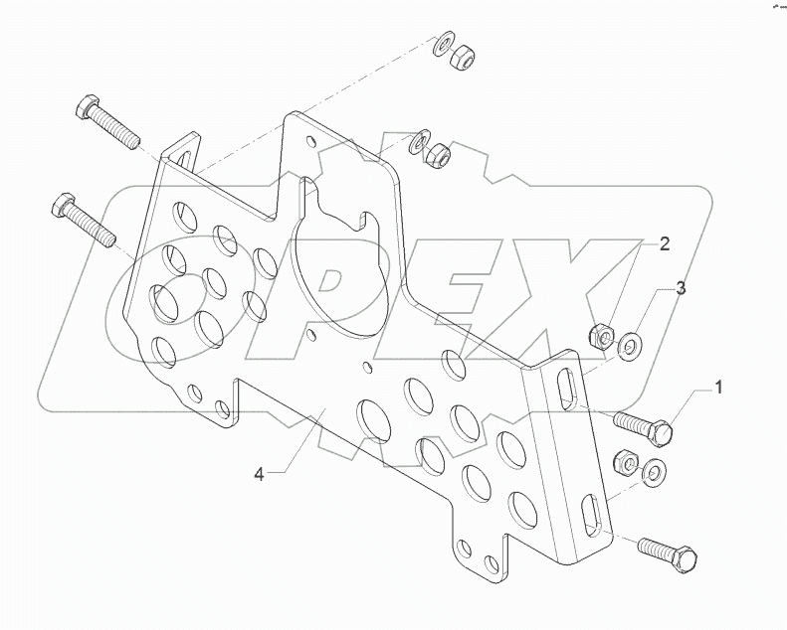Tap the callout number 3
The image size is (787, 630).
680,289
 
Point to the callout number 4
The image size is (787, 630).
259,475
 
